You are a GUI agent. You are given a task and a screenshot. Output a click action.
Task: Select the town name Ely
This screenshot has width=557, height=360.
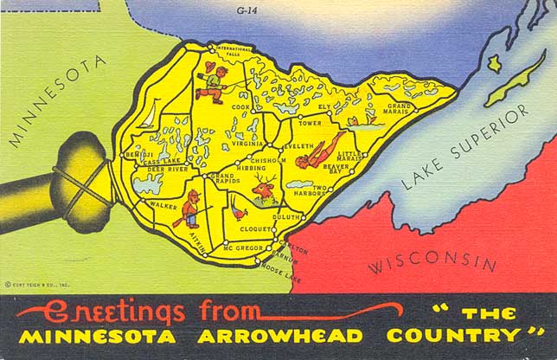coord(324,106)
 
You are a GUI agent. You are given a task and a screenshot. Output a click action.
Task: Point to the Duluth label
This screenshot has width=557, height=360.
coord(286,216)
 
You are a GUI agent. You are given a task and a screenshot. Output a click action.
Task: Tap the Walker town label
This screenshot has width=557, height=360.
coord(163,205)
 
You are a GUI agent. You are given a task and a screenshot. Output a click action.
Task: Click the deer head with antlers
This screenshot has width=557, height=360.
coord(263,187)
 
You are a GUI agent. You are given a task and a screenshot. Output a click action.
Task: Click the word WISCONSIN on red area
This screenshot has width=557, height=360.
coord(432,263)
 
